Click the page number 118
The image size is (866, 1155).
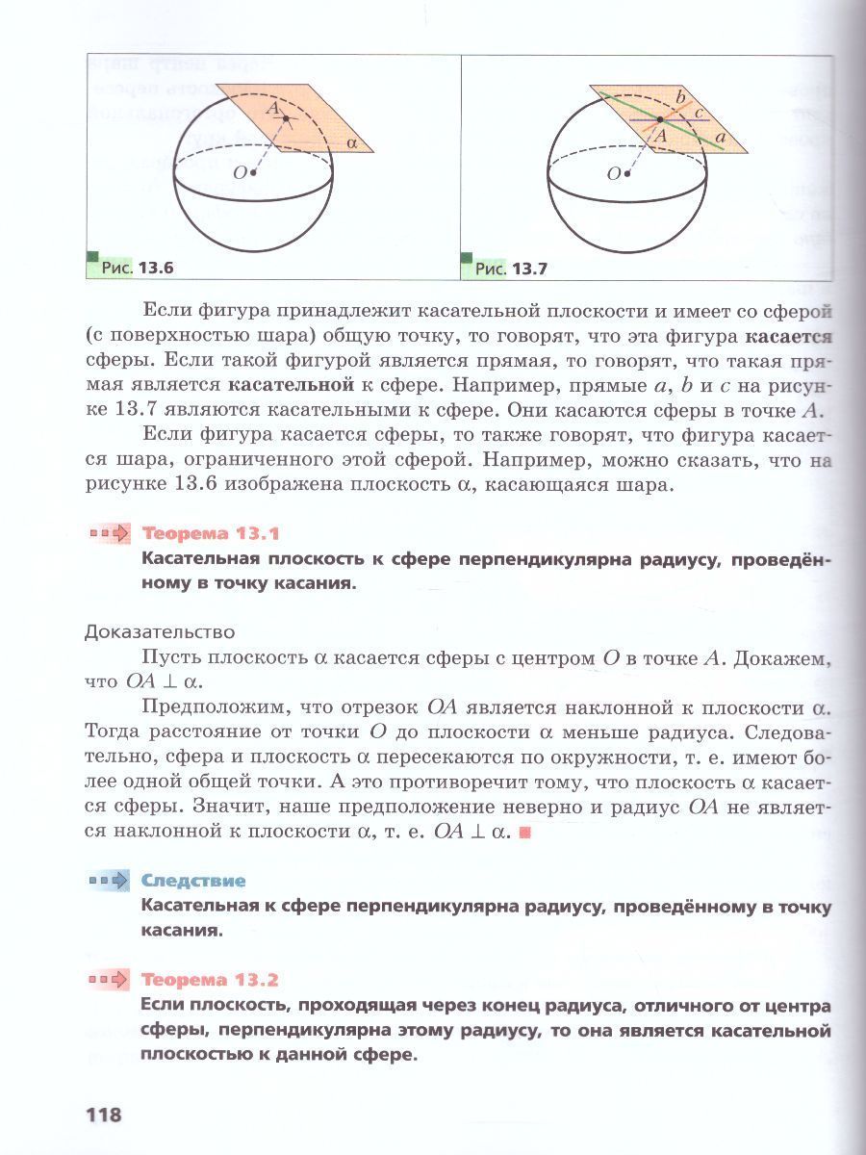point(104,1116)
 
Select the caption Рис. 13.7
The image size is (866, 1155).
point(511,269)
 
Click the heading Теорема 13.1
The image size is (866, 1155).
point(210,533)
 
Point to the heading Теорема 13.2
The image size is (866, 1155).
point(210,981)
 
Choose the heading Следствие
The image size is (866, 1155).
point(193,881)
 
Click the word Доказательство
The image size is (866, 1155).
point(160,632)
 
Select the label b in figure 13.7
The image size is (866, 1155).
point(680,97)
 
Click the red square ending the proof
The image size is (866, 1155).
point(524,833)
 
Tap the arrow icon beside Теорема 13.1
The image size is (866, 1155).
point(109,533)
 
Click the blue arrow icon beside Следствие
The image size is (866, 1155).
point(109,881)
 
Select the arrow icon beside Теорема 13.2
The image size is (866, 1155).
point(109,981)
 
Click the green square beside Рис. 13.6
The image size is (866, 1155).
point(92,256)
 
